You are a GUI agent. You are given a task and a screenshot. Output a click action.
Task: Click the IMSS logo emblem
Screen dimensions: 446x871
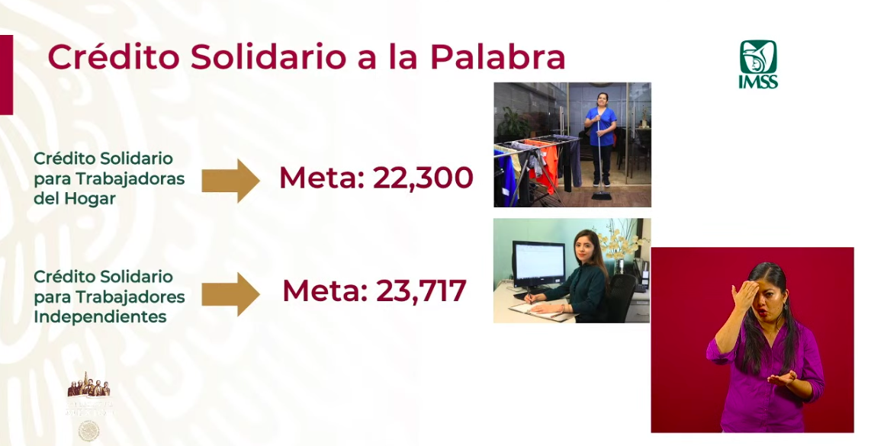tap(758, 57)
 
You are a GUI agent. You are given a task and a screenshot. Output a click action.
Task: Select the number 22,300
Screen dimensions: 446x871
tap(423, 178)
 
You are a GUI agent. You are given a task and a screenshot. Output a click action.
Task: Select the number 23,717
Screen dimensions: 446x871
tap(420, 290)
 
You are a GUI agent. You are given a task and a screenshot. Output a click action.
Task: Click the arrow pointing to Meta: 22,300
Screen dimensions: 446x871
tap(230, 181)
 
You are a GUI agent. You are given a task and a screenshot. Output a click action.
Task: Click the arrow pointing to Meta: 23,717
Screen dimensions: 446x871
tap(230, 294)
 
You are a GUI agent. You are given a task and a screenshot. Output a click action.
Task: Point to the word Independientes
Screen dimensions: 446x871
tap(100, 316)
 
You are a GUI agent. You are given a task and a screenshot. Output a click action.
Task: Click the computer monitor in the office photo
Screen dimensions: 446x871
tap(538, 264)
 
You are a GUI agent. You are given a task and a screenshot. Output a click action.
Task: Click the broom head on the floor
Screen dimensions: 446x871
tap(601, 196)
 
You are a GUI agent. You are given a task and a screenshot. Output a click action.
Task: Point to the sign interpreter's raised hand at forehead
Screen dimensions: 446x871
tap(744, 293)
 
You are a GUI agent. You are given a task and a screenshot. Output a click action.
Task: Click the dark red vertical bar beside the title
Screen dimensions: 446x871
tap(6, 75)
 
